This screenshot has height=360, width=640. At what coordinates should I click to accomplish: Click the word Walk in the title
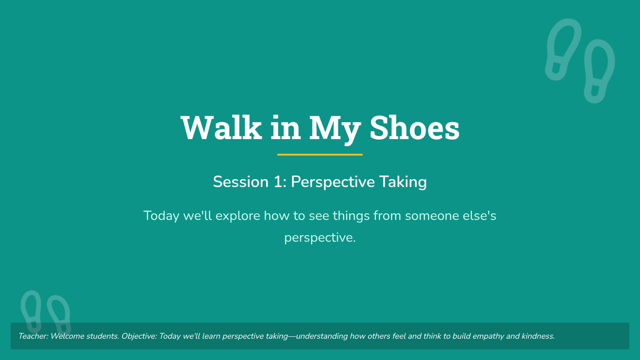221,127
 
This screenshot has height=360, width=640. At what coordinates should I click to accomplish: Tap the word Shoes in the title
414,127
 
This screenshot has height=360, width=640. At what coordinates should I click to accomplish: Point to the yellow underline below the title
319,155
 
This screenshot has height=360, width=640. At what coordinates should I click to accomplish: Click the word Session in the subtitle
241,182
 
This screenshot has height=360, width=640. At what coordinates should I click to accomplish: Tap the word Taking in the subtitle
403,182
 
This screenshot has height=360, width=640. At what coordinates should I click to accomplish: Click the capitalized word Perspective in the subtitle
333,182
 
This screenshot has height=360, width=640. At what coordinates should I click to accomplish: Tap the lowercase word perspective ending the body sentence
319,238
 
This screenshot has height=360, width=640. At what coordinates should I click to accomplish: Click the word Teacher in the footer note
33,336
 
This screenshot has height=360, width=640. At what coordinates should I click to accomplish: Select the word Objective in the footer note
139,337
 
